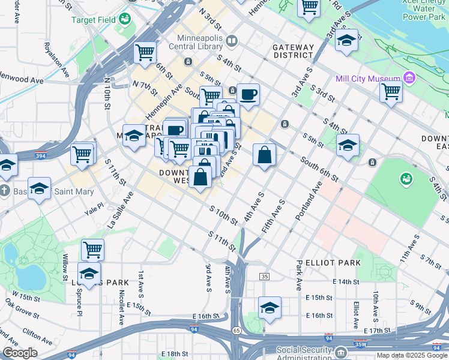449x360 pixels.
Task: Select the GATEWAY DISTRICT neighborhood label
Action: click(x=293, y=51)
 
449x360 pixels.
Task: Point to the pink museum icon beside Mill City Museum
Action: click(x=409, y=78)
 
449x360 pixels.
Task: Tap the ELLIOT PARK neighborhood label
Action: click(x=333, y=263)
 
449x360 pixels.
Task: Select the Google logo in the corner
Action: click(x=20, y=353)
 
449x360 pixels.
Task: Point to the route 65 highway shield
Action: click(x=237, y=331)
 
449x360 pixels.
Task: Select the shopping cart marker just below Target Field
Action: click(x=145, y=53)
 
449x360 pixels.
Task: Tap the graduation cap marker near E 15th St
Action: click(x=270, y=307)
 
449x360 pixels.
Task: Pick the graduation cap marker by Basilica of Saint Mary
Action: click(x=39, y=190)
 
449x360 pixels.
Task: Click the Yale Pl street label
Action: click(x=94, y=209)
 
